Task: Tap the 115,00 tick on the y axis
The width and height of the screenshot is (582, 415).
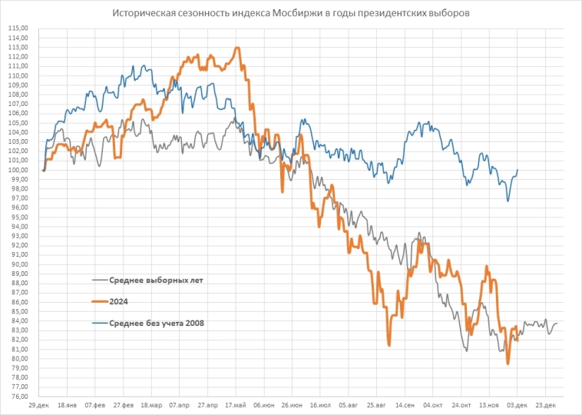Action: (18, 28)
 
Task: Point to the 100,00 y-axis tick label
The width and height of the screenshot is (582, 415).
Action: (18, 170)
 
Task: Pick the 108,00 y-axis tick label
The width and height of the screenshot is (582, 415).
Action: (18, 95)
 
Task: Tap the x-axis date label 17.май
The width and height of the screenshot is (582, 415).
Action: (236, 404)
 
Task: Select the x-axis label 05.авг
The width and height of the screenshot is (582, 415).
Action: (349, 404)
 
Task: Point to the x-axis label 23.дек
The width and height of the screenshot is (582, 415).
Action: (546, 404)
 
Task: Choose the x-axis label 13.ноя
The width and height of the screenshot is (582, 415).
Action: (489, 404)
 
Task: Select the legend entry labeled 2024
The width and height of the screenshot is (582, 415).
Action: (118, 302)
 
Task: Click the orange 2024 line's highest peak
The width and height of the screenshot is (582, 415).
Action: (237, 48)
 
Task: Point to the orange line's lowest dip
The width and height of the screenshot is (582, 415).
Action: (508, 363)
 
